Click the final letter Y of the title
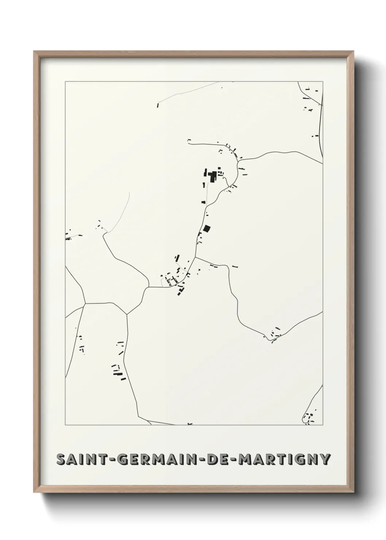click(x=326, y=459)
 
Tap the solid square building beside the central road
click(x=207, y=229)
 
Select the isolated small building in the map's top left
click(x=158, y=105)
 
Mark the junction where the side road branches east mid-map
click(x=196, y=257)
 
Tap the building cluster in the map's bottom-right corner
click(x=310, y=417)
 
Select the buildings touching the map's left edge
click(x=68, y=238)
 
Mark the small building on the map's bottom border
click(x=189, y=424)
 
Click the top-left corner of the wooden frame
click(x=34, y=52)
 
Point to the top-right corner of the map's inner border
click(x=323, y=82)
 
